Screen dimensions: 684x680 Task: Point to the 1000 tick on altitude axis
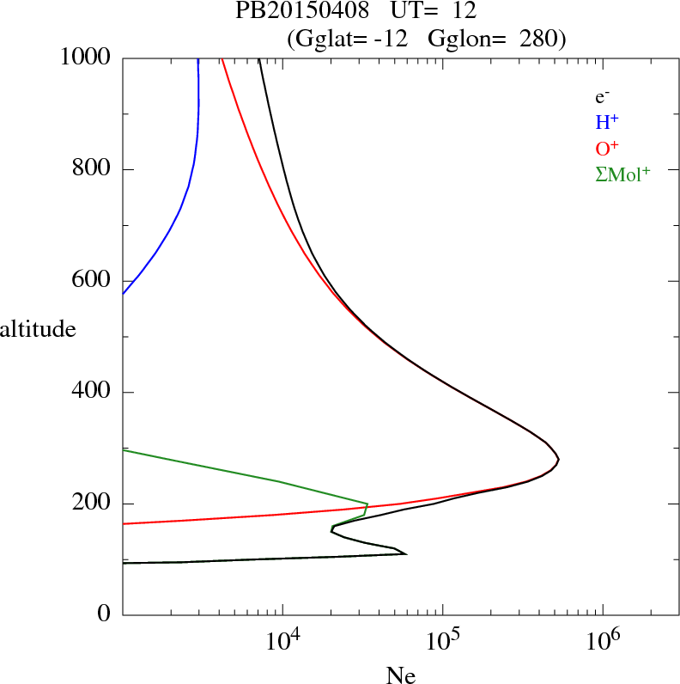coord(87,58)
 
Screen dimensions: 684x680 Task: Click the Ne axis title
coord(401,675)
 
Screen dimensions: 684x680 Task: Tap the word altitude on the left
coord(38,328)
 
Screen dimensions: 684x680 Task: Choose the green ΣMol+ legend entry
coord(622,174)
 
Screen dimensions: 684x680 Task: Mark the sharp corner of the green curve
coord(367,504)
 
